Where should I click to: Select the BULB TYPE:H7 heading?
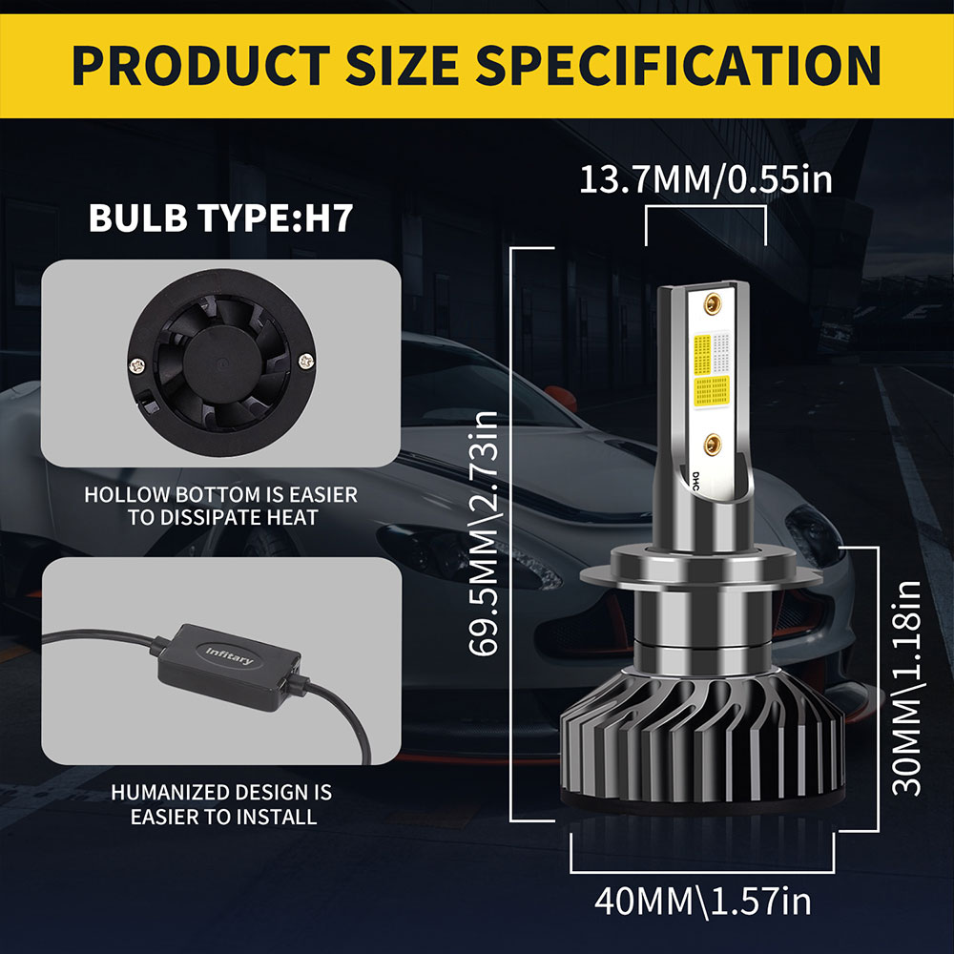[x=221, y=217]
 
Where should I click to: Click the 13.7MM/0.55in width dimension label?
[x=706, y=179]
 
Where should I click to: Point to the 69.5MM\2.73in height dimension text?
[x=487, y=534]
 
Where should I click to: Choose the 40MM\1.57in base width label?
[x=703, y=900]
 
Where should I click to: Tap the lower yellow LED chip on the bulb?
[x=710, y=390]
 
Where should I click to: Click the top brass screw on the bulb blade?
[x=711, y=304]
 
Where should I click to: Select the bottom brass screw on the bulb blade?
[x=711, y=442]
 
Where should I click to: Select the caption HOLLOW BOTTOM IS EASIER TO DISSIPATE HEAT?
[x=220, y=507]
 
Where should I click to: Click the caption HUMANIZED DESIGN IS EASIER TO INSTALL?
[x=220, y=803]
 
